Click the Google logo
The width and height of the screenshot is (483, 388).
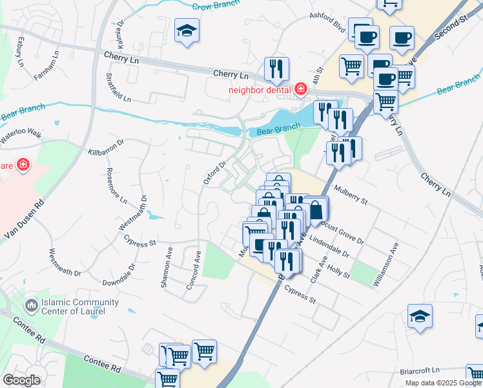pos(21,380)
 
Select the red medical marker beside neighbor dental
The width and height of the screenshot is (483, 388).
pos(300,89)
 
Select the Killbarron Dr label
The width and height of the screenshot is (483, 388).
pos(106,147)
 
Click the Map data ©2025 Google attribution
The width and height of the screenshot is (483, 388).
pos(443,383)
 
